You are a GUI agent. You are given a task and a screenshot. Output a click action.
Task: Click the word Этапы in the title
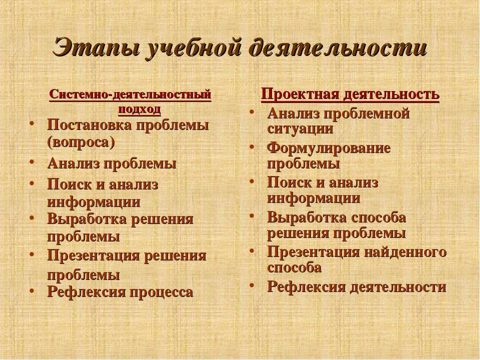coord(95,48)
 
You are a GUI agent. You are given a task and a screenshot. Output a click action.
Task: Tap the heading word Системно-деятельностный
coord(130,94)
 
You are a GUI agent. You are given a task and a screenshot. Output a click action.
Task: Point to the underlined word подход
coord(139,109)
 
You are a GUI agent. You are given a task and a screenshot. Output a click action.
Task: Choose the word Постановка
coord(89,125)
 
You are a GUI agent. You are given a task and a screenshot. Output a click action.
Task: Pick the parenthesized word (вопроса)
coord(81,142)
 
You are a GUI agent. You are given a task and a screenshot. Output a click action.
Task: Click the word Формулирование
coord(329,148)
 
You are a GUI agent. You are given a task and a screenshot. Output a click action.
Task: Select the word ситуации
coord(300,128)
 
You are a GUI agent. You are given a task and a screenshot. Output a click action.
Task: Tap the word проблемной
coord(366,114)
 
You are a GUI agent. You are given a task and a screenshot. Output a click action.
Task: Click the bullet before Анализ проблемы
coord(31,162)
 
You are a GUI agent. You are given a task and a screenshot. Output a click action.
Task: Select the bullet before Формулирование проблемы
coord(251,147)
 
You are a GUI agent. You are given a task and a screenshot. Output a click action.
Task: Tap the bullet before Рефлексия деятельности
coord(251,285)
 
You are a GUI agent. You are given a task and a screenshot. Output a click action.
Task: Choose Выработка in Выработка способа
coord(307,217)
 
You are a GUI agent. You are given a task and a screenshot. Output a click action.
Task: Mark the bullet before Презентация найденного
coord(251,251)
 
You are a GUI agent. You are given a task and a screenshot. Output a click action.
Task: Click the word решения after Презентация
coord(175,256)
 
